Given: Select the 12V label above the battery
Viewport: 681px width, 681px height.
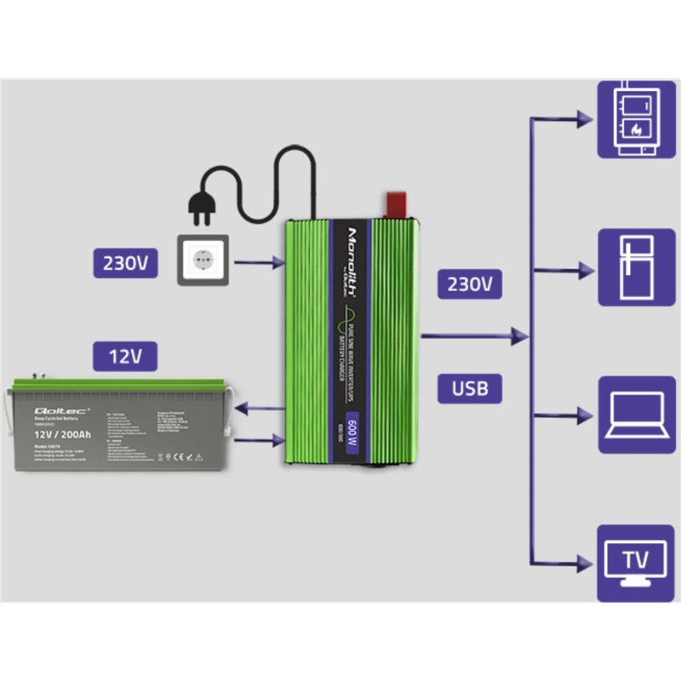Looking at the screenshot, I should click(x=124, y=355).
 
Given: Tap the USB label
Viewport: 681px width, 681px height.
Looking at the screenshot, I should click(x=470, y=388).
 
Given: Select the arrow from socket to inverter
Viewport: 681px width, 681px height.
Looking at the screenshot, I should click(x=259, y=264).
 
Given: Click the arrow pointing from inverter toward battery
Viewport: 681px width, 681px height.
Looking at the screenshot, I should click(x=258, y=409).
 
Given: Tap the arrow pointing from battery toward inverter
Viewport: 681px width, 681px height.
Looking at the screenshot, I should click(x=258, y=440).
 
